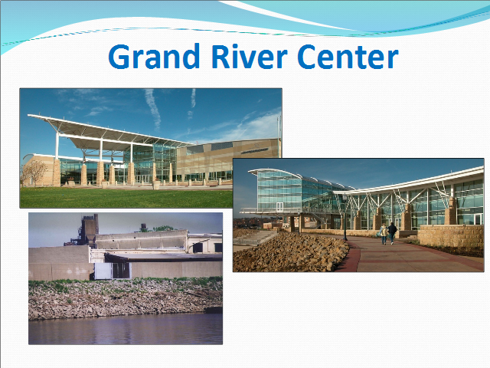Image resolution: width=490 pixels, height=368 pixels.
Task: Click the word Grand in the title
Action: tap(154, 56)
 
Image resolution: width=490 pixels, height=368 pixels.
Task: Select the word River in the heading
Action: tap(250, 56)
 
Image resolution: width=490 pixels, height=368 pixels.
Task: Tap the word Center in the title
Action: tap(348, 56)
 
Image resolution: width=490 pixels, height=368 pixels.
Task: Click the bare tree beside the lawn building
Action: tap(34, 172)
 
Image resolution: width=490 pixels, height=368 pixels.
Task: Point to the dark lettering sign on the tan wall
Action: tap(254, 150)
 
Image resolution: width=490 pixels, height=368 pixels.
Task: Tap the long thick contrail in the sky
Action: tap(153, 109)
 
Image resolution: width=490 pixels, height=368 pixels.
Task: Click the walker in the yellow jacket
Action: tap(384, 234)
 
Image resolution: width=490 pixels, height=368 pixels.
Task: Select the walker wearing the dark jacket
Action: tap(392, 233)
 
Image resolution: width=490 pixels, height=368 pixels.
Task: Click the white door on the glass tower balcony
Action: tap(279, 207)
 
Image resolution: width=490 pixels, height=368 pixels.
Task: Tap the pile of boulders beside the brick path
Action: tap(291, 252)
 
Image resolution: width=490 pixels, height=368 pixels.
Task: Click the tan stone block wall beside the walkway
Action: tap(451, 236)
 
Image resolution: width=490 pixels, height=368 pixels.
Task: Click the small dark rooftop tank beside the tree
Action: tap(144, 228)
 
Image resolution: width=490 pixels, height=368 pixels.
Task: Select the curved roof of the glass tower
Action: tap(275, 172)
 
